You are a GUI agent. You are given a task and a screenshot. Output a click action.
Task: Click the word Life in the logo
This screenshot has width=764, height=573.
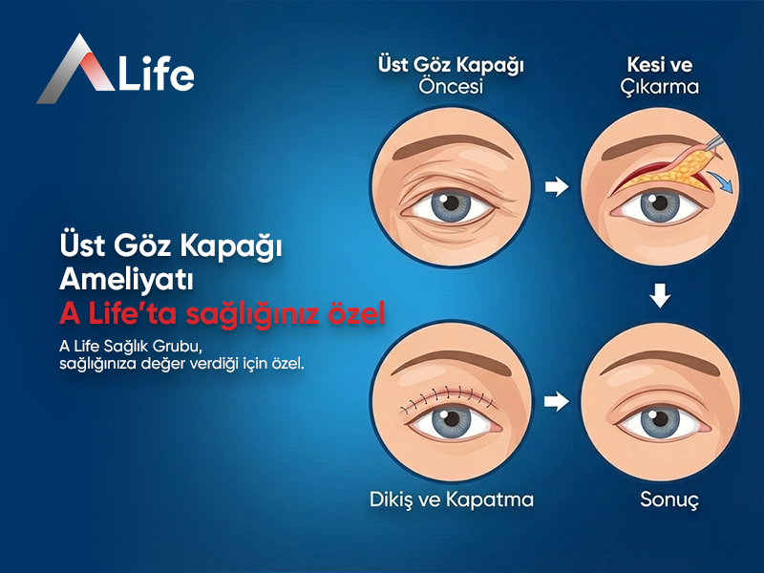pos(156,73)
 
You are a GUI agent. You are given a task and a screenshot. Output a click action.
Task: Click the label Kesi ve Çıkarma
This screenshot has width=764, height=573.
pos(659,76)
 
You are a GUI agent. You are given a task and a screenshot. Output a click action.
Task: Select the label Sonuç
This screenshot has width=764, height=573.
pos(661,499)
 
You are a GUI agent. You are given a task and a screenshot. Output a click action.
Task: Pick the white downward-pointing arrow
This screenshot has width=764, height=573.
pos(660,297)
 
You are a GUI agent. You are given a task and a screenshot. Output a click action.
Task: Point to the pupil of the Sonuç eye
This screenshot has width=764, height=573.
pos(660,421)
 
